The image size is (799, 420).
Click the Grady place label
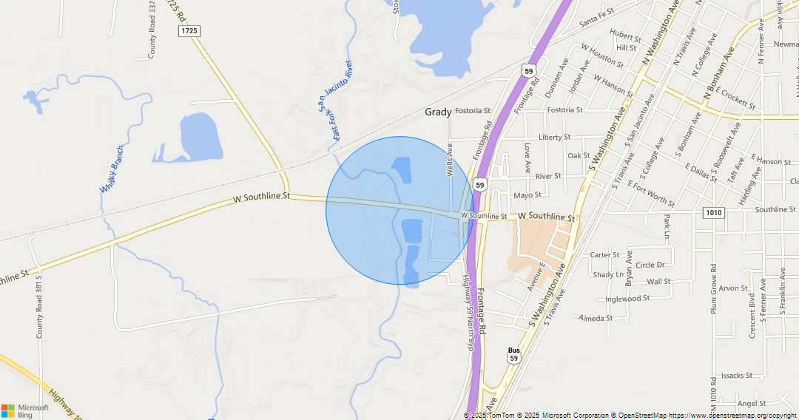click(x=438, y=112)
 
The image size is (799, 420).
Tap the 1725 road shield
click(x=189, y=30)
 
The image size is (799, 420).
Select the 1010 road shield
click(x=713, y=213)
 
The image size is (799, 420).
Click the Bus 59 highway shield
click(x=513, y=354)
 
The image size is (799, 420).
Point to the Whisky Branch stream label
click(x=112, y=169)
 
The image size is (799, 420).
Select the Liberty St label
click(x=555, y=137)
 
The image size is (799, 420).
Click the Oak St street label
click(x=579, y=156)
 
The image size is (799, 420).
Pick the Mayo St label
click(x=527, y=195)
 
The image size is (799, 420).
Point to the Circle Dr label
click(x=650, y=265)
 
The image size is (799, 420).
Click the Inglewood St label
click(x=627, y=299)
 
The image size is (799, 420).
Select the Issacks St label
click(x=737, y=376)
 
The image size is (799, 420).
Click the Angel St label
click(x=752, y=404)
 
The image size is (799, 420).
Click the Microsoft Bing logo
click(x=25, y=411)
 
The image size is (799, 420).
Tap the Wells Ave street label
click(x=449, y=160)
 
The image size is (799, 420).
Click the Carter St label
click(x=605, y=255)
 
